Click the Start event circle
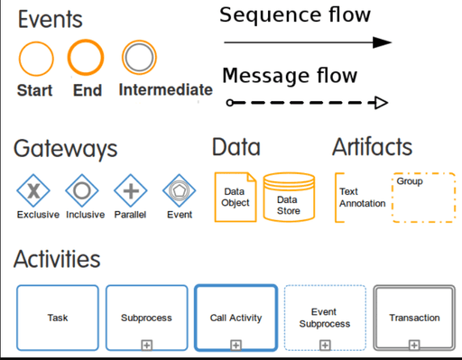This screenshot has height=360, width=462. [x=36, y=60]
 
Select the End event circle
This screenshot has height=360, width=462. [x=87, y=59]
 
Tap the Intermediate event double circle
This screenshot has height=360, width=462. [x=140, y=59]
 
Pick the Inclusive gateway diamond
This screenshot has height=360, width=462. [x=83, y=190]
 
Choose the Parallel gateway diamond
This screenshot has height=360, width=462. [x=131, y=190]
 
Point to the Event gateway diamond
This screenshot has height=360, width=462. [x=179, y=190]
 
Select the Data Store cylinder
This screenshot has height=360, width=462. [x=289, y=198]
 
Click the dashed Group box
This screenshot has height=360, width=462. [x=423, y=198]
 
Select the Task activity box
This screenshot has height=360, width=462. [x=57, y=318]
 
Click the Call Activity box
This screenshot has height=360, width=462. [x=236, y=318]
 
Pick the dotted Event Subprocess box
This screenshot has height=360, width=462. [x=325, y=318]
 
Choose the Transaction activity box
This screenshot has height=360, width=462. [x=414, y=318]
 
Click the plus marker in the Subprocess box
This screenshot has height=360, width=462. [x=146, y=344]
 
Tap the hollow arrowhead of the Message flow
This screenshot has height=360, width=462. [x=381, y=103]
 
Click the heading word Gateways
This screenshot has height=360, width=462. [x=65, y=149]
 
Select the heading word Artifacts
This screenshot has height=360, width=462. [x=372, y=146]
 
